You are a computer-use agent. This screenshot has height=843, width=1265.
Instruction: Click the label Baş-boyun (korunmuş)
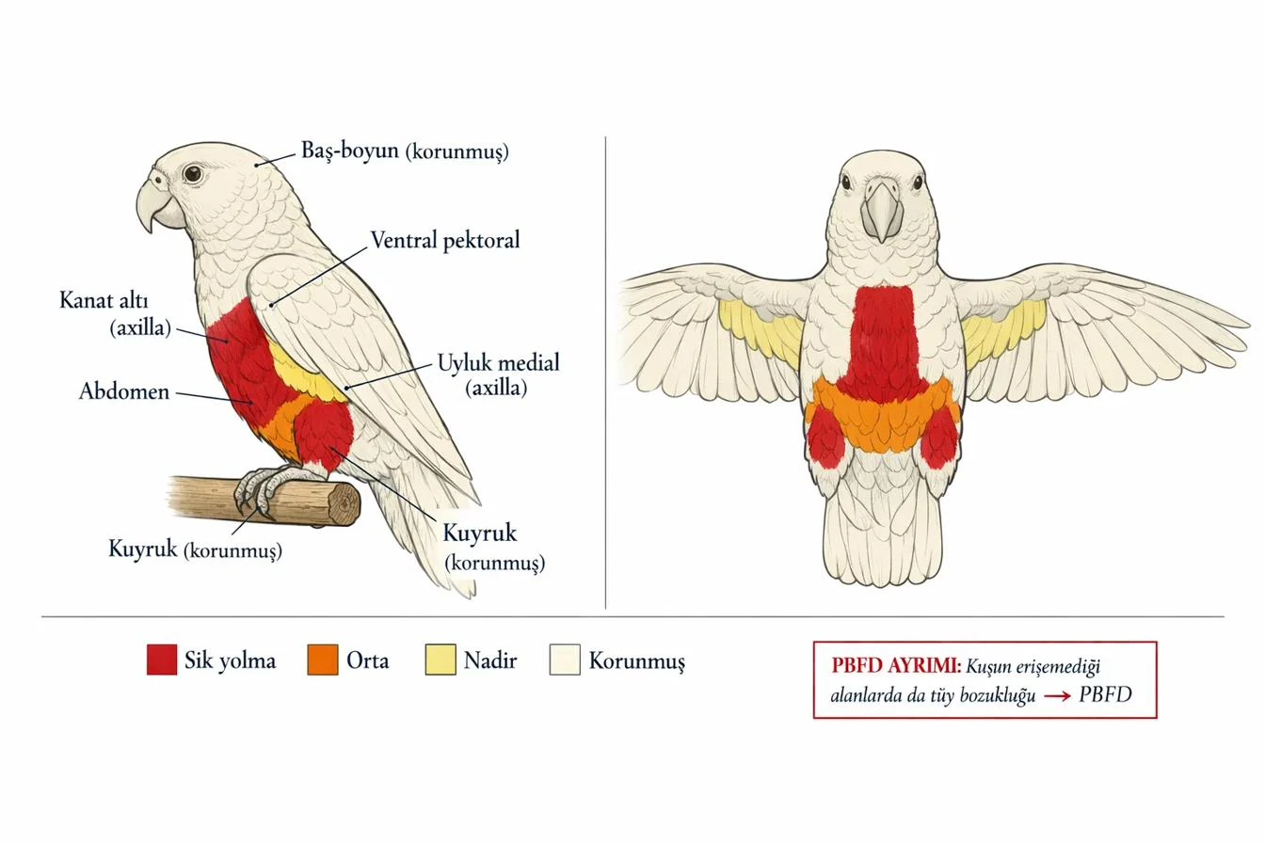tap(405, 151)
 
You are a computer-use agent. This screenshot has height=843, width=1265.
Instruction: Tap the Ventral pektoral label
tap(445, 241)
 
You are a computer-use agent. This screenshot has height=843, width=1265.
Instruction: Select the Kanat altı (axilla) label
tap(115, 314)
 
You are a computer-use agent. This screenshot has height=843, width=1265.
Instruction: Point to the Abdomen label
tap(124, 391)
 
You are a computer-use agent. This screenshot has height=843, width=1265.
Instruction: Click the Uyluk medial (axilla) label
tap(498, 374)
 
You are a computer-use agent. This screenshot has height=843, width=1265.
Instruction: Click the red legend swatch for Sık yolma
tap(162, 660)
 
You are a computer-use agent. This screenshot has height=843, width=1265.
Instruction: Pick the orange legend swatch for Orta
tap(323, 660)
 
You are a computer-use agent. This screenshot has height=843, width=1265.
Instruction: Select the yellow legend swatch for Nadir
tap(440, 660)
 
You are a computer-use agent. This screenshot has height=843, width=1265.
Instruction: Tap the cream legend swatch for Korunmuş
tap(565, 660)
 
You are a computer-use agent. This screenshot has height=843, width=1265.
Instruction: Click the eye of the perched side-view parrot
tap(193, 173)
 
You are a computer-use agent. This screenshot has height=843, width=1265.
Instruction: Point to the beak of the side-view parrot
tap(156, 204)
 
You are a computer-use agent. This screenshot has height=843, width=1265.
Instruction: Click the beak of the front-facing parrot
tap(882, 210)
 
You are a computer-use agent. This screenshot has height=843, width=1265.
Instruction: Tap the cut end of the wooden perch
tap(344, 504)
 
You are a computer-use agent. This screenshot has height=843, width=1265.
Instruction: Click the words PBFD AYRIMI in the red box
tap(896, 666)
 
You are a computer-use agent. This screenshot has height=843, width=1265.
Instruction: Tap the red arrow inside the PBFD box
tap(1057, 696)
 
